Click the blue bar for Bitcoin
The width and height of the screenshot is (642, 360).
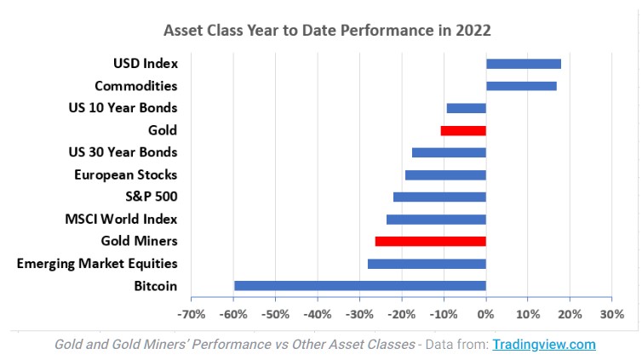[359, 286]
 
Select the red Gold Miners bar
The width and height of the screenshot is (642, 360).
[430, 242]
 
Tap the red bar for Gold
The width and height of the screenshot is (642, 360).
[463, 131]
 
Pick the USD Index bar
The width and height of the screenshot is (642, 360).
[523, 64]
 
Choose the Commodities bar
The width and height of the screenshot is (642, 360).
[521, 86]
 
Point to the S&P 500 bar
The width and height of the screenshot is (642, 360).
[439, 197]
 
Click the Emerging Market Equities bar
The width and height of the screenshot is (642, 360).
[427, 264]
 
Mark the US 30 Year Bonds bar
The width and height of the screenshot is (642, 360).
[449, 153]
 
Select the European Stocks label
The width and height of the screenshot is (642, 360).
[125, 174]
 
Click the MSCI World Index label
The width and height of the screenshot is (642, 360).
[121, 219]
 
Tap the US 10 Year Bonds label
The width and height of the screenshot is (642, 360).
[123, 108]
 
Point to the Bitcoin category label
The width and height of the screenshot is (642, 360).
[155, 285]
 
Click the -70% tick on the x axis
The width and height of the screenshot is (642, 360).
[192, 313]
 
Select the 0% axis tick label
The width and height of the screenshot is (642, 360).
[485, 313]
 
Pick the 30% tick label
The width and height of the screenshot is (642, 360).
[611, 313]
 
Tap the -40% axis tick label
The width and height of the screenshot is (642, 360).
[318, 313]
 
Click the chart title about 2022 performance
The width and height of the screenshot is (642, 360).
[327, 30]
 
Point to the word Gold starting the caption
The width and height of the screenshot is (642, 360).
[68, 345]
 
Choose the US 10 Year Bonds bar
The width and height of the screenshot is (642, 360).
[466, 108]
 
